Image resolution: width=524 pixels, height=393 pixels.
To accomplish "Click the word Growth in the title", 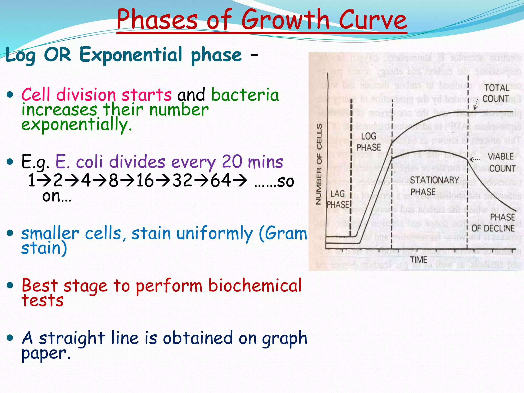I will pyautogui.click(x=285, y=20).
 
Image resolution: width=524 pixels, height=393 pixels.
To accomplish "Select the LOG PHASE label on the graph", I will pyautogui.click(x=368, y=142).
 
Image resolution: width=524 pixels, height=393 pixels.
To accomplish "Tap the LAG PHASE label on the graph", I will pyautogui.click(x=338, y=199).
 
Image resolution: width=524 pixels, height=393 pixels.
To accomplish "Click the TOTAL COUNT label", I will pyautogui.click(x=496, y=93).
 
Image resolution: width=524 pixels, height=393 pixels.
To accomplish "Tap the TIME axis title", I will pyautogui.click(x=419, y=260).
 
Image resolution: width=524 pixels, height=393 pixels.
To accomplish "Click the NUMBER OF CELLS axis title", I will pyautogui.click(x=319, y=164).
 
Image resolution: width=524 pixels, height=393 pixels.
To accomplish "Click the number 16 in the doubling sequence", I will pyautogui.click(x=145, y=181).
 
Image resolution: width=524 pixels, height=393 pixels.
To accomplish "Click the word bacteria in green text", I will pyautogui.click(x=245, y=95).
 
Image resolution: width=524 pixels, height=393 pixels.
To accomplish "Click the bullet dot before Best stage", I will pyautogui.click(x=10, y=285).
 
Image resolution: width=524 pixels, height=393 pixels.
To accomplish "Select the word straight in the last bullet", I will pyautogui.click(x=72, y=338).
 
